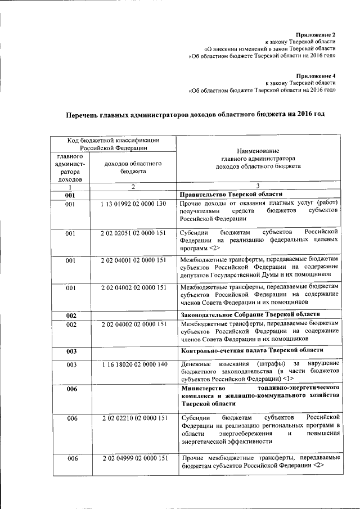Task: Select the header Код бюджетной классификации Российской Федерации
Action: coord(114,143)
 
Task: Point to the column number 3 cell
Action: coord(258,186)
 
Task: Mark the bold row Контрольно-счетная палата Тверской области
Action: coord(252,352)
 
